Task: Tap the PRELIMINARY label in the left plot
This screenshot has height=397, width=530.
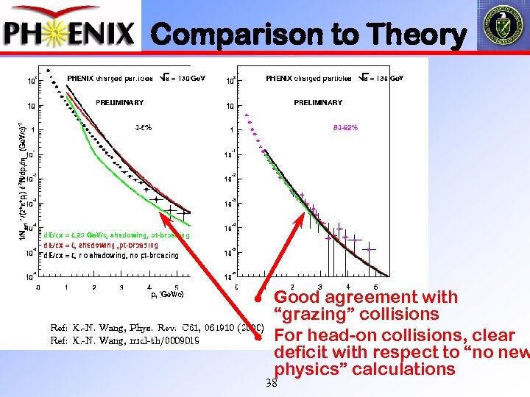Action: coord(119,103)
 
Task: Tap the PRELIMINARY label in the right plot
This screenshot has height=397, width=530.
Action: coord(318,103)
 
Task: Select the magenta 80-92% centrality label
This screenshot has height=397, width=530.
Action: coord(345,127)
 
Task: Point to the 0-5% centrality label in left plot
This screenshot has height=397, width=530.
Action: coord(144,127)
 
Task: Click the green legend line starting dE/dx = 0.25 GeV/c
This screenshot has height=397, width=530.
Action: coord(116,235)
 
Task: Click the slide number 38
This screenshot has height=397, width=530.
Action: coord(271,383)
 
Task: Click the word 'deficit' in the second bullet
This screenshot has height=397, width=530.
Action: coord(300,352)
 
